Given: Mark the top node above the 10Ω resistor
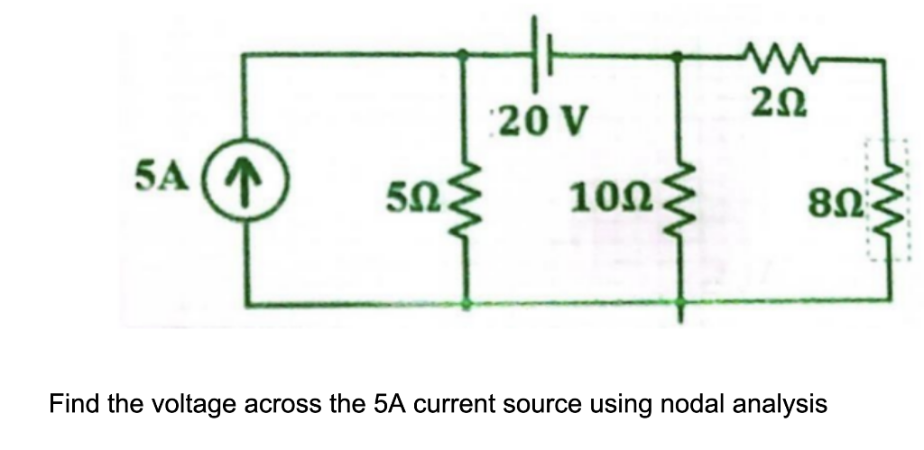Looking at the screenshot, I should pos(679,55).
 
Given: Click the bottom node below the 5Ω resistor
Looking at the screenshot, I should pos(466,304).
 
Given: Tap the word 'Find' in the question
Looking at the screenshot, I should pos(73,403).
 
